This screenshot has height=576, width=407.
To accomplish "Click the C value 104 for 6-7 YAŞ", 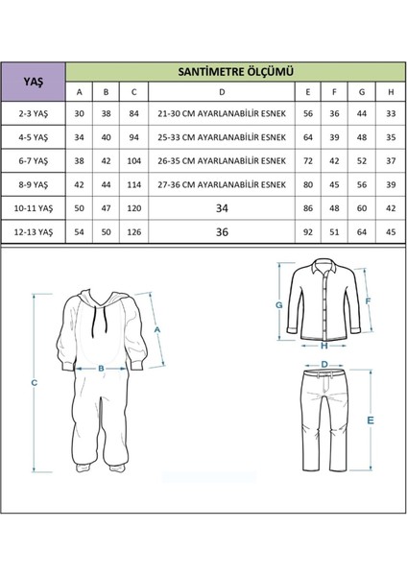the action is (134, 159).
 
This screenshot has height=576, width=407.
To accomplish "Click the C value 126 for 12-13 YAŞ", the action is (134, 231).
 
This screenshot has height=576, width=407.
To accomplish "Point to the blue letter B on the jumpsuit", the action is (99, 366).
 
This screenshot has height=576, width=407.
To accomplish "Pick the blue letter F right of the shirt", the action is (369, 299).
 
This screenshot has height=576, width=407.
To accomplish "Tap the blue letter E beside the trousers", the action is (370, 420).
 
